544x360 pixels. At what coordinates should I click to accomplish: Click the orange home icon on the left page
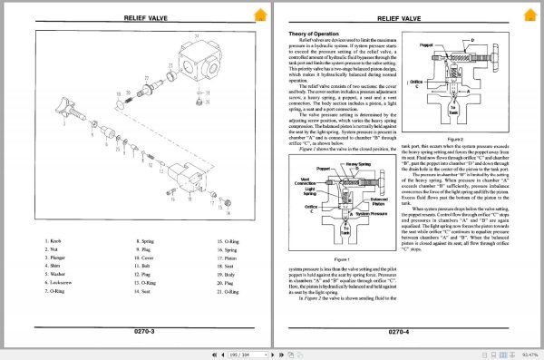point(260,14)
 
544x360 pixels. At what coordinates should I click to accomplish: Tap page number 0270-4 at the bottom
point(404,332)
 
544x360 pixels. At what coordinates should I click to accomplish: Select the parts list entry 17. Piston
point(228,258)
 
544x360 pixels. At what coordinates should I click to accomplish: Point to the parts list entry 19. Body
point(226,274)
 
